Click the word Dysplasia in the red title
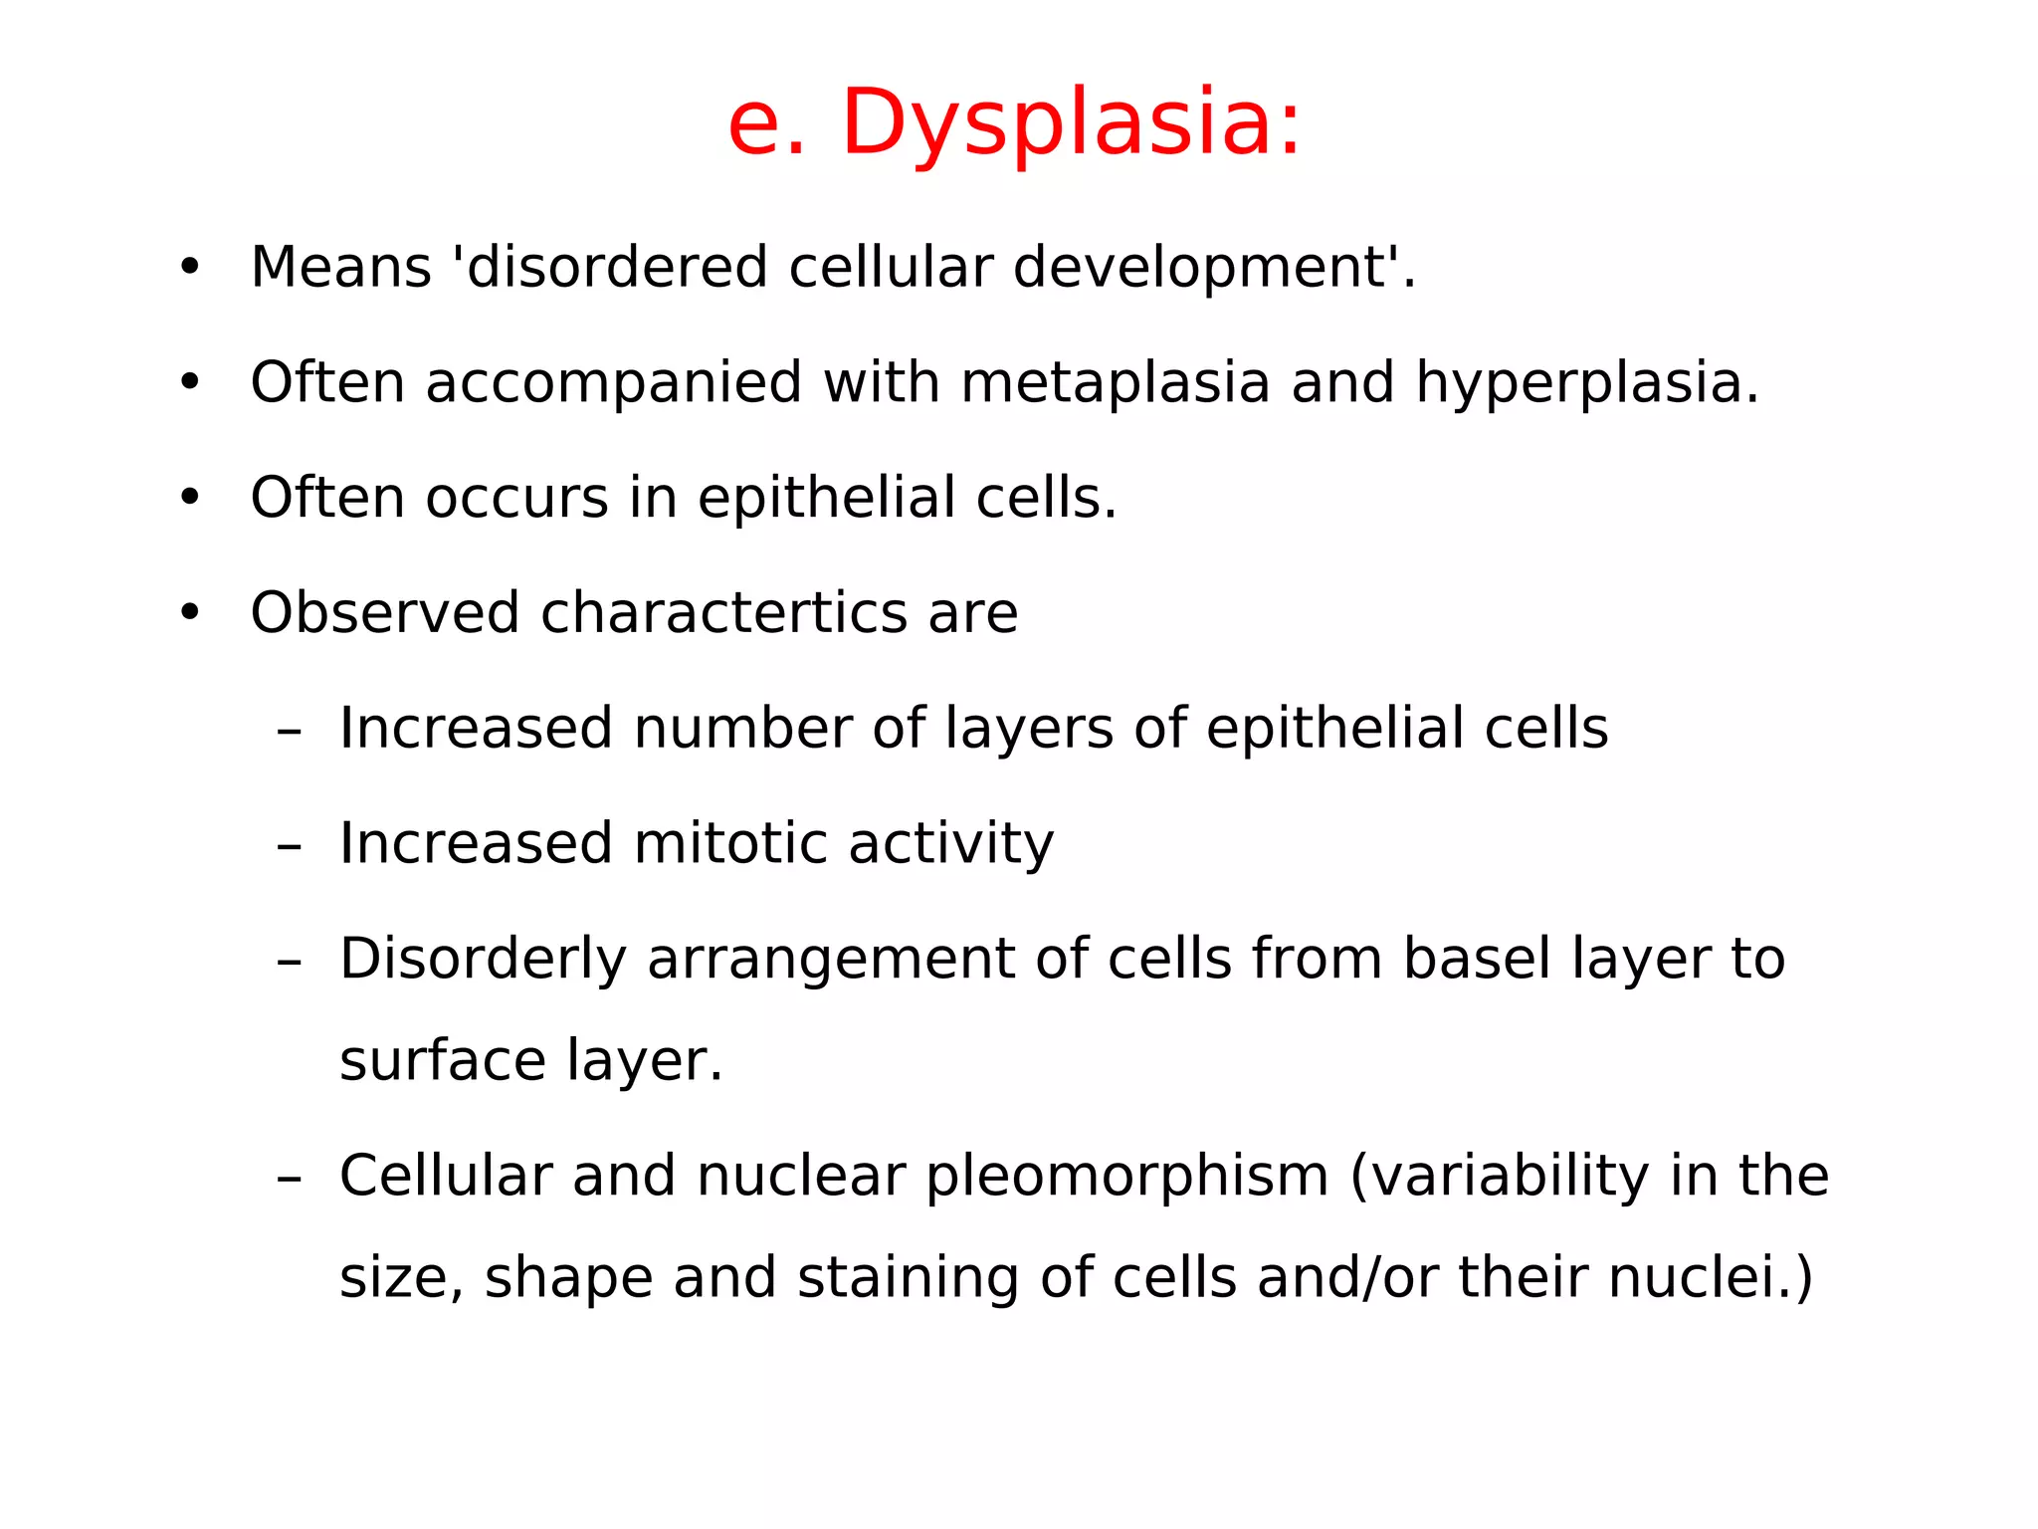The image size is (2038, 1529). coord(1071,123)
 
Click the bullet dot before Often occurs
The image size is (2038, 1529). coord(189,497)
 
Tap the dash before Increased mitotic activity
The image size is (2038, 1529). coord(289,845)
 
